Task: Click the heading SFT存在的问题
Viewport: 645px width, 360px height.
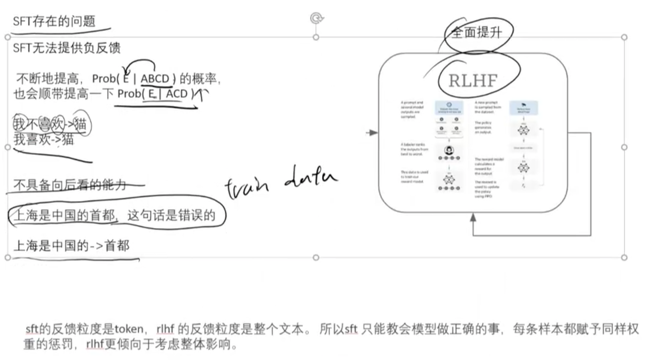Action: click(x=54, y=22)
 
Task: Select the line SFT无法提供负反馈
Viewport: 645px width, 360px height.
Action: click(x=66, y=48)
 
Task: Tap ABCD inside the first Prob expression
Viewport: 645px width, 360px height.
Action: click(x=156, y=79)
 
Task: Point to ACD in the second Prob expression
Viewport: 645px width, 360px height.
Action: click(x=177, y=94)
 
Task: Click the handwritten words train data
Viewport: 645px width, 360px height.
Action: click(x=281, y=182)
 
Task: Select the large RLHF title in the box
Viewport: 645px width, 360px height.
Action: click(x=473, y=80)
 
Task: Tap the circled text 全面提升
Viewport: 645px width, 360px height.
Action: click(x=476, y=33)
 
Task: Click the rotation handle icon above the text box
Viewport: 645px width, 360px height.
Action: click(x=316, y=18)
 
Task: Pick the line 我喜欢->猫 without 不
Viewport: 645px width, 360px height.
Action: click(x=44, y=140)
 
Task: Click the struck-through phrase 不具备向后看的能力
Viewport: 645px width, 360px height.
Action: click(x=70, y=184)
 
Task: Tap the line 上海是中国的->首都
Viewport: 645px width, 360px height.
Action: click(x=71, y=246)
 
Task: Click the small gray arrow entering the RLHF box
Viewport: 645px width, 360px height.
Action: click(x=372, y=133)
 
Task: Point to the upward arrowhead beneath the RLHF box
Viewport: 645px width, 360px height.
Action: click(x=473, y=217)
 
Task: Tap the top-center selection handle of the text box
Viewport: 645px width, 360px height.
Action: click(x=316, y=37)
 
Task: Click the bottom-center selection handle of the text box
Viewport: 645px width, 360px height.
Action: click(x=316, y=257)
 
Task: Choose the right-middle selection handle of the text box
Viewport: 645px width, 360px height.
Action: click(x=624, y=147)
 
